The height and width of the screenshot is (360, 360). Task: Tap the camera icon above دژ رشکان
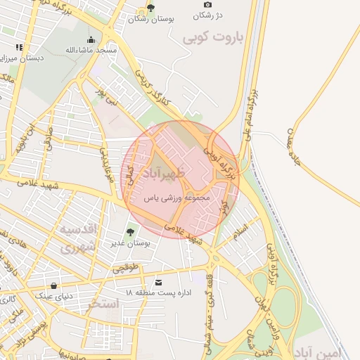pyautogui.click(x=207, y=5)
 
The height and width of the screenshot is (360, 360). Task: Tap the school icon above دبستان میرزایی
pyautogui.click(x=19, y=47)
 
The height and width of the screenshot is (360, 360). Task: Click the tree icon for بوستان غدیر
pyautogui.click(x=130, y=232)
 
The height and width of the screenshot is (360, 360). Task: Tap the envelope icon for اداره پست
pyautogui.click(x=167, y=282)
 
